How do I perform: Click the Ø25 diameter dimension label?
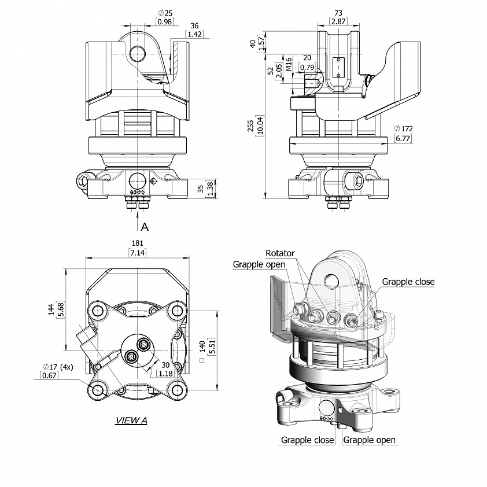pyautogui.click(x=165, y=13)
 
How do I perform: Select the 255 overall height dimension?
pyautogui.click(x=250, y=126)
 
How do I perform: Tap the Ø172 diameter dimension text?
pyautogui.click(x=404, y=128)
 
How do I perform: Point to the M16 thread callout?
pyautogui.click(x=288, y=64)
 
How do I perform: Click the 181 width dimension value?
pyautogui.click(x=137, y=243)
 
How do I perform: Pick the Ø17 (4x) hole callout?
pyautogui.click(x=58, y=367)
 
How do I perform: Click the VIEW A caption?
pyautogui.click(x=131, y=420)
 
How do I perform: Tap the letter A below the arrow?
pyautogui.click(x=145, y=227)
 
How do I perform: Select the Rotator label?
pyautogui.click(x=280, y=253)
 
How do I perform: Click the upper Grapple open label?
pyautogui.click(x=259, y=264)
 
